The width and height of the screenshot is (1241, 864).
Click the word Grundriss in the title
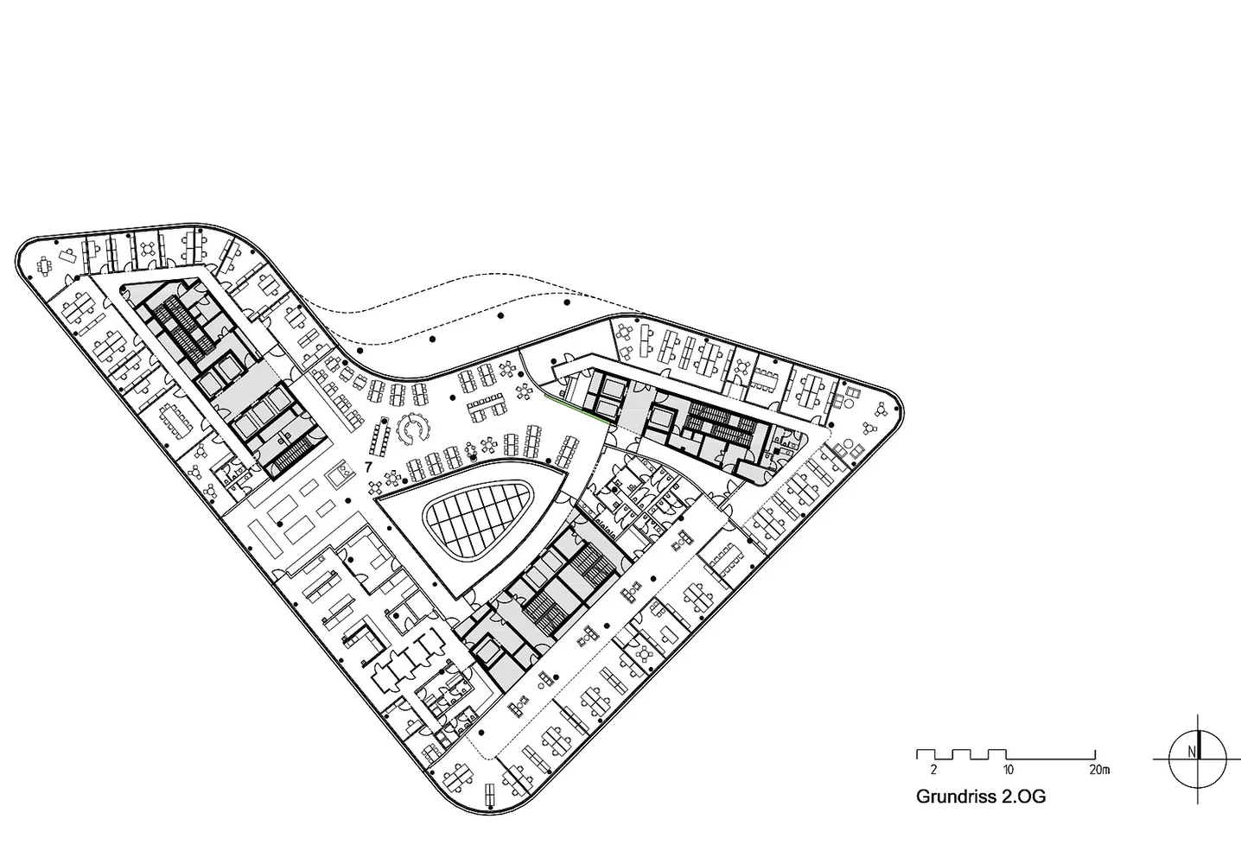(956, 797)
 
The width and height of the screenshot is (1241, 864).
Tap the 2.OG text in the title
(1023, 797)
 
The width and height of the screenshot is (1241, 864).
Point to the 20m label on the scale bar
(1099, 770)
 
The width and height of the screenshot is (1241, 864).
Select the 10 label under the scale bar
(1008, 770)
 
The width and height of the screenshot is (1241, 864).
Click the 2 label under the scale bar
(933, 770)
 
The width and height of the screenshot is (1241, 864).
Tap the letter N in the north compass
(1191, 753)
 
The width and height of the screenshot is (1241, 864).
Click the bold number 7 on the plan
(368, 468)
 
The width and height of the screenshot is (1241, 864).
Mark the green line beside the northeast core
(576, 410)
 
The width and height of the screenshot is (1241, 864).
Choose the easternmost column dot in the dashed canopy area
(567, 302)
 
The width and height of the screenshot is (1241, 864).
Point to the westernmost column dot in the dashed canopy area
(361, 351)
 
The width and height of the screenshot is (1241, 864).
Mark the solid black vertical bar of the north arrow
(1200, 745)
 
